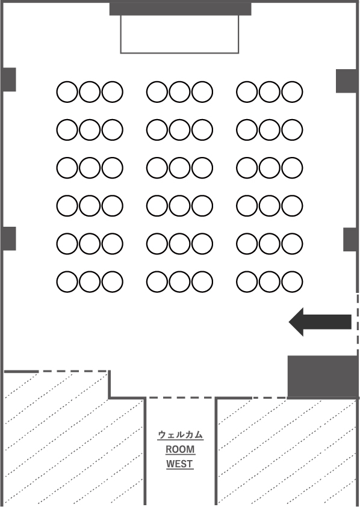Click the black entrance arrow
(x=320, y=322)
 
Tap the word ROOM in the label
(x=181, y=449)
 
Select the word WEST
(x=179, y=464)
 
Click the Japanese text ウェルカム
(x=181, y=435)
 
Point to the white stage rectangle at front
(x=179, y=34)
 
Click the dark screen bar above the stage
(x=181, y=9)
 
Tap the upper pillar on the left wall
(x=10, y=79)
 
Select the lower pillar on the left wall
(x=10, y=239)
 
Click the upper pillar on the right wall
(x=346, y=81)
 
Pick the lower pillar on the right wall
(x=350, y=239)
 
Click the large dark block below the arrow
(x=323, y=376)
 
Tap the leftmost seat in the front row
(x=67, y=92)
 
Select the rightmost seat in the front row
(x=292, y=92)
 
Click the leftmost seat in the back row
(x=67, y=281)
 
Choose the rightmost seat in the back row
(x=292, y=281)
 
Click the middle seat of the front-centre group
(x=179, y=92)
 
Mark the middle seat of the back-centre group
(x=179, y=281)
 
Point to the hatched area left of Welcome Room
(x=73, y=440)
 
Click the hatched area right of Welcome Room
(x=288, y=453)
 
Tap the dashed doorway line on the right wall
(x=358, y=324)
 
